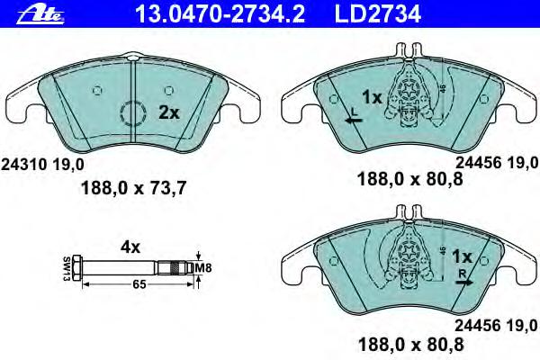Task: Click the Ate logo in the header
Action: click(x=40, y=14)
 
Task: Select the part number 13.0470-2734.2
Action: click(x=220, y=13)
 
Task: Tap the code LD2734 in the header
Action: click(x=378, y=13)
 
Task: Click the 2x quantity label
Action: click(x=169, y=112)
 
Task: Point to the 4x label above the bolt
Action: click(x=130, y=247)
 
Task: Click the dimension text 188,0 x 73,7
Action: click(x=133, y=188)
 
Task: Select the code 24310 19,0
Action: click(x=42, y=165)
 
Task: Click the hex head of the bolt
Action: click(x=77, y=267)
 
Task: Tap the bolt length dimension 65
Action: click(x=139, y=284)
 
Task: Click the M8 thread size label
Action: click(x=203, y=267)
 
